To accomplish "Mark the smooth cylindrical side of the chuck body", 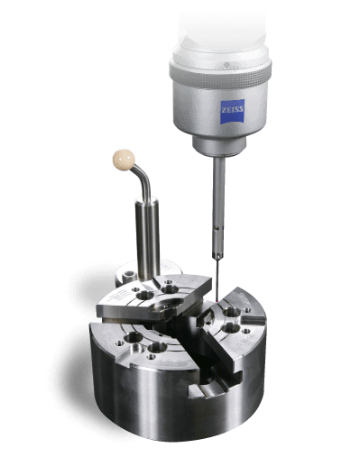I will [x=126, y=397].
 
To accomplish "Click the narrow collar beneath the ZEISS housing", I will [x=221, y=148].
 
